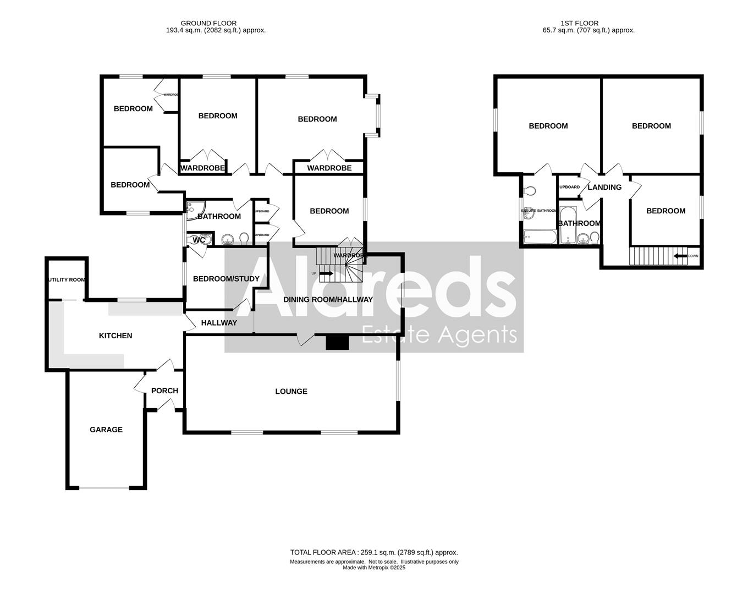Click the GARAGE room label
tap(106, 430)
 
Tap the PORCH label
tap(164, 391)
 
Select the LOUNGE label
tap(291, 392)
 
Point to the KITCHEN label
tap(116, 335)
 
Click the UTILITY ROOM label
tap(67, 279)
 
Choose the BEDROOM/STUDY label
tap(226, 279)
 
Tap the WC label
tap(199, 240)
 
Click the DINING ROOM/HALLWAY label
tap(328, 300)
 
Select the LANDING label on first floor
tap(604, 188)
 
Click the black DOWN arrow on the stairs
tap(680, 256)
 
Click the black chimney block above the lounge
tap(337, 343)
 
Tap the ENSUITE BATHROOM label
tap(539, 211)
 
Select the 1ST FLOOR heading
tap(579, 23)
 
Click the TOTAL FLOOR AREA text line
tap(374, 552)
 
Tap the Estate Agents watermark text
tap(439, 335)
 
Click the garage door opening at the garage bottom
tap(105, 487)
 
